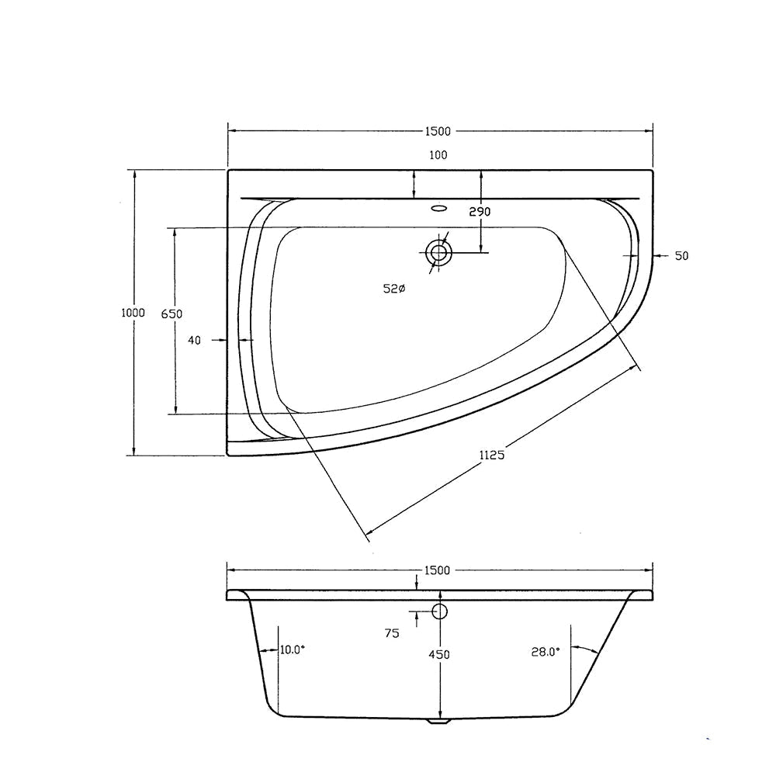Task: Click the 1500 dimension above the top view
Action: [x=438, y=131]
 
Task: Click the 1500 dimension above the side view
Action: [x=438, y=570]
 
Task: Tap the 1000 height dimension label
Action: [x=133, y=313]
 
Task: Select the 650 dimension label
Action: [x=172, y=314]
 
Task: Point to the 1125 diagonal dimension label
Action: [x=492, y=455]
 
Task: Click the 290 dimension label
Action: [x=480, y=212]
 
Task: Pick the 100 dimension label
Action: [x=438, y=155]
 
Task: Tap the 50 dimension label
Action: [x=682, y=256]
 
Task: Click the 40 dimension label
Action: [x=195, y=341]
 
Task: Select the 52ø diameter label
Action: [x=394, y=289]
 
